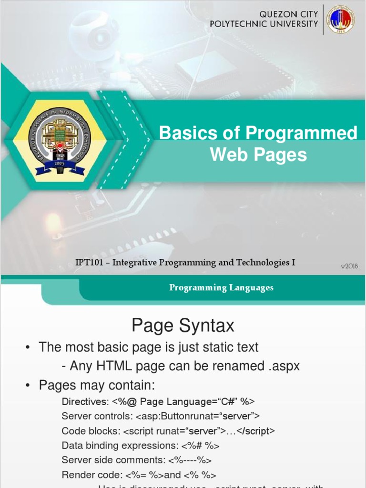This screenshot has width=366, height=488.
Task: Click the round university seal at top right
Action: tap(340, 20)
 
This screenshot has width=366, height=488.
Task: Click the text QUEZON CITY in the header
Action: tap(288, 14)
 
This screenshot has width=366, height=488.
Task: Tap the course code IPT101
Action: tap(87, 263)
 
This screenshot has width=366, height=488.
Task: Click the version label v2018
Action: tap(349, 266)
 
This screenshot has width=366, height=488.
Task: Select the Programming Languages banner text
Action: tap(221, 287)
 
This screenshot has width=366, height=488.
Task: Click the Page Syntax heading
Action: tap(183, 326)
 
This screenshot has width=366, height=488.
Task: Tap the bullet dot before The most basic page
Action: tap(28, 348)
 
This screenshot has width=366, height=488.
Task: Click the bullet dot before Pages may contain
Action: tap(28, 386)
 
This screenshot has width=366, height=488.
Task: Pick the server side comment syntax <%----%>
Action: tap(190, 460)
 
